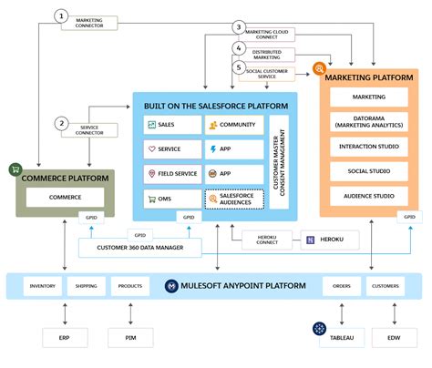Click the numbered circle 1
coord(61,15)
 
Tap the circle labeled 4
coord(239,47)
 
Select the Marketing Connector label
coord(89,22)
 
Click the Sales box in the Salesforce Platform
coord(172,124)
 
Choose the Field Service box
coord(172,173)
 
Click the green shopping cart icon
coord(15,169)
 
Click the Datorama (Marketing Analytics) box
coord(370,121)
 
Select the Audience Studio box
coord(370,195)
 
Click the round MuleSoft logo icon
coord(170,286)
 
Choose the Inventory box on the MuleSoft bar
coord(42,286)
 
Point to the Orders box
coord(341,286)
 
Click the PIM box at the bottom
coord(130,338)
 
